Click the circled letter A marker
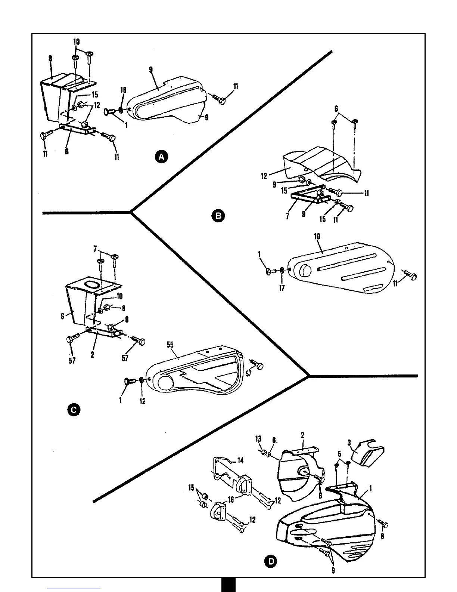[162, 157]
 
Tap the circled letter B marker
[218, 216]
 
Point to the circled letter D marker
[271, 561]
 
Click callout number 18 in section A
[124, 90]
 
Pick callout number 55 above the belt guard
[170, 345]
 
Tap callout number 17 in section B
[282, 288]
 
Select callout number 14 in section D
[240, 460]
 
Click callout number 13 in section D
[258, 439]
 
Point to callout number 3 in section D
[349, 443]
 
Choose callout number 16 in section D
[231, 499]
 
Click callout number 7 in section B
[287, 216]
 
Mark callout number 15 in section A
[95, 95]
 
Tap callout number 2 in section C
[92, 355]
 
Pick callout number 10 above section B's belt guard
[318, 237]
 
